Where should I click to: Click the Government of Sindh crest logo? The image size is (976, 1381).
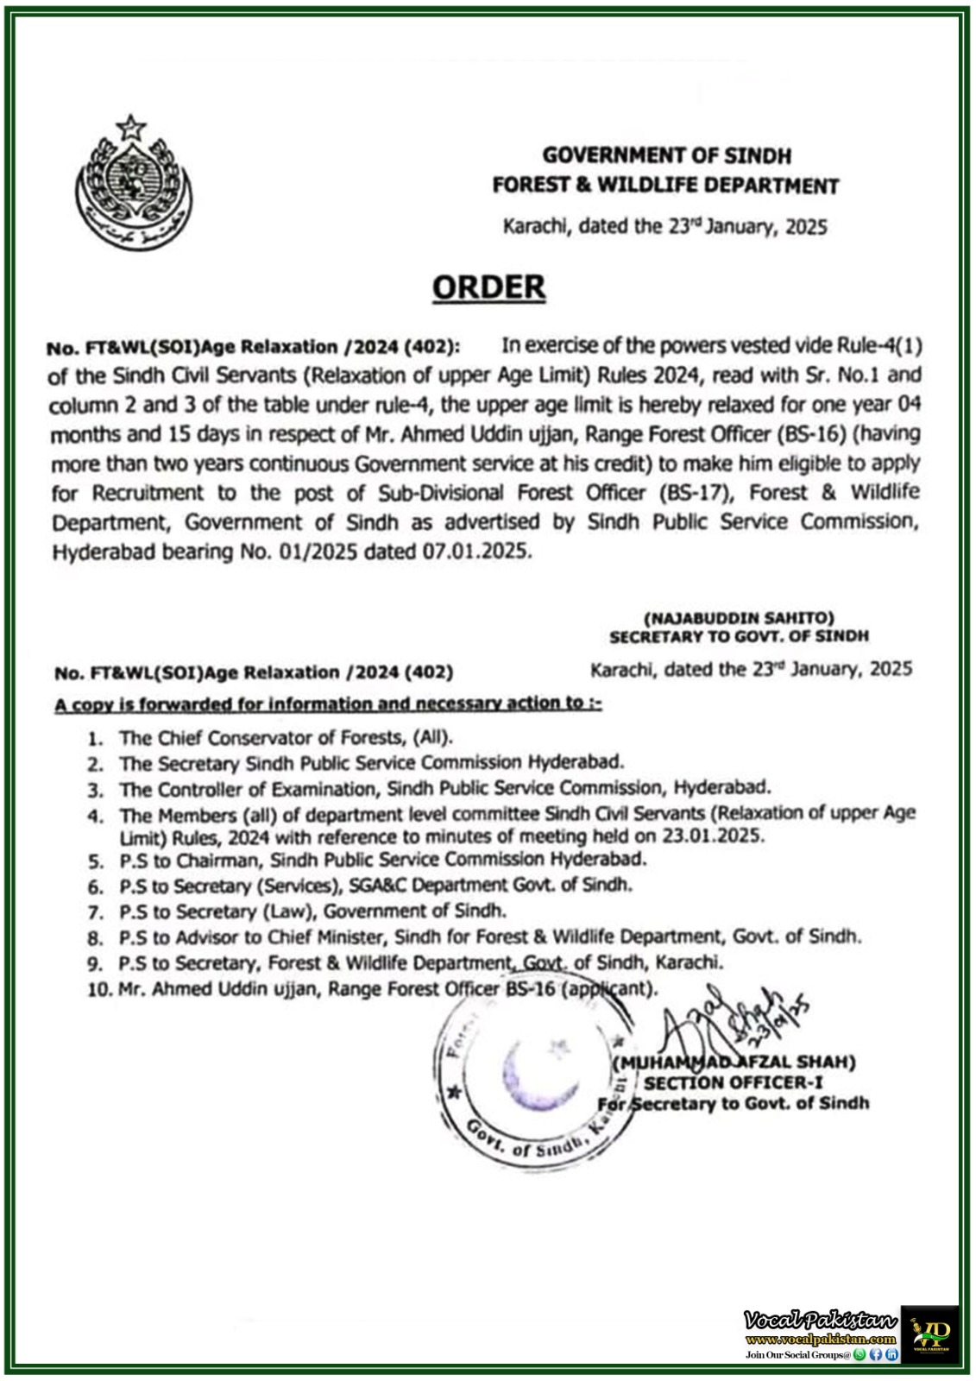click(x=135, y=183)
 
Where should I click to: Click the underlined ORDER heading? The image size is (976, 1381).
click(x=488, y=287)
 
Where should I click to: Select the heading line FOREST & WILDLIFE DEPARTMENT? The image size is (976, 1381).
click(x=665, y=186)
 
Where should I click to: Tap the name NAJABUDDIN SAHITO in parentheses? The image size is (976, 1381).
click(x=739, y=618)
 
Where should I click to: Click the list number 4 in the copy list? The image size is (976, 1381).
click(x=96, y=816)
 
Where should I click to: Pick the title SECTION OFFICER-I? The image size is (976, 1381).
click(x=734, y=1082)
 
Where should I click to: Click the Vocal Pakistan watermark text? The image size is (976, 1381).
click(x=820, y=1319)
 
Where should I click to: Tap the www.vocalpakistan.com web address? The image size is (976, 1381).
click(x=820, y=1339)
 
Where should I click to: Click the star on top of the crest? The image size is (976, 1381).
click(x=131, y=129)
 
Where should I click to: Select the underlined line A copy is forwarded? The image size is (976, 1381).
click(x=328, y=704)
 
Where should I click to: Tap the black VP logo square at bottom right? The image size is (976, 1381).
click(x=930, y=1334)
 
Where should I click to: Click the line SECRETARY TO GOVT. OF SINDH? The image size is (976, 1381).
click(x=739, y=637)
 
